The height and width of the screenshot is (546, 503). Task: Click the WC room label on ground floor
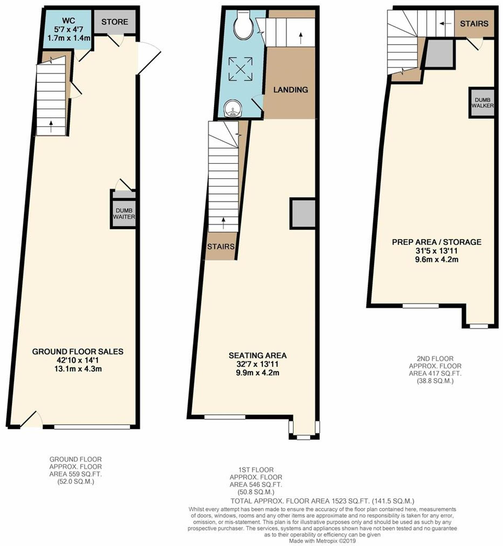(69, 21)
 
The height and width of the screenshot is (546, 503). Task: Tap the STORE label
(115, 22)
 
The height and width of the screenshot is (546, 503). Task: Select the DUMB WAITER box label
(124, 214)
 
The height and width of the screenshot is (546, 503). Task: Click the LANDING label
(291, 90)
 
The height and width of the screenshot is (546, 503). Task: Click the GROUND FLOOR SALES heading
(77, 351)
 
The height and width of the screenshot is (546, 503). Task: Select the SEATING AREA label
(257, 355)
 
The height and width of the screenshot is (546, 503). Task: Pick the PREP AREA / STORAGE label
(437, 242)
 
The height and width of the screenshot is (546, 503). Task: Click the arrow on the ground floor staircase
(51, 126)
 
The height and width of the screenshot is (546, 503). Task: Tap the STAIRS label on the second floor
(474, 24)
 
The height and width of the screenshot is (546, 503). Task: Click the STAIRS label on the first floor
(221, 246)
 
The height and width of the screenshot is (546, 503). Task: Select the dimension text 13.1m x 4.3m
(77, 369)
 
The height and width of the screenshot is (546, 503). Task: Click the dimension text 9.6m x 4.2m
(437, 259)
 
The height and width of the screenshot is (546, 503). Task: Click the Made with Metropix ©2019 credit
(322, 541)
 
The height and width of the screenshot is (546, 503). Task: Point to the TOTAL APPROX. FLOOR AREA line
(322, 501)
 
